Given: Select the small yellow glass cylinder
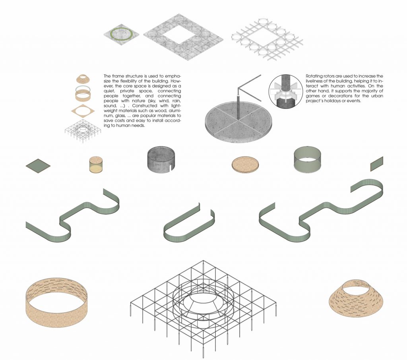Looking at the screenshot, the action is pyautogui.click(x=95, y=165).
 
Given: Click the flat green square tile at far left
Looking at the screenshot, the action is pyautogui.click(x=38, y=166).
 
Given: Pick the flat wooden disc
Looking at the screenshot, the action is pyautogui.click(x=245, y=165).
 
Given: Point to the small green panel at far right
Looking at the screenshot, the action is pyautogui.click(x=377, y=164).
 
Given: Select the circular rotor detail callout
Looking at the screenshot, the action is pyautogui.click(x=285, y=91).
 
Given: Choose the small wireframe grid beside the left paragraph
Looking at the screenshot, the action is pyautogui.click(x=83, y=130).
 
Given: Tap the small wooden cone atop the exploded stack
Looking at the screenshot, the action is pyautogui.click(x=83, y=78).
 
